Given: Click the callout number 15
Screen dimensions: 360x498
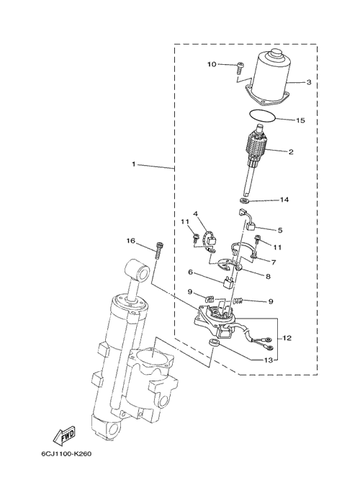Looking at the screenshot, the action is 300,120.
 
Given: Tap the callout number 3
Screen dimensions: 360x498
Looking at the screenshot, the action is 309,82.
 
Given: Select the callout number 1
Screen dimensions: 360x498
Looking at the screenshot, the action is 134,164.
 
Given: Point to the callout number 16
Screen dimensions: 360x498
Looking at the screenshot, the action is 130,241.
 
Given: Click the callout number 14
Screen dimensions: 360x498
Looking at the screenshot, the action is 284,200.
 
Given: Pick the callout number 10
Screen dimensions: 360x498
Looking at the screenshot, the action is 212,64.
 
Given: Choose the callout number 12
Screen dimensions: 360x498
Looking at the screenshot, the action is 287,338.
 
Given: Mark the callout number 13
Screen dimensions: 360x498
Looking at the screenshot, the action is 269,360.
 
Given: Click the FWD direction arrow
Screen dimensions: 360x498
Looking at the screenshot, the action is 64,434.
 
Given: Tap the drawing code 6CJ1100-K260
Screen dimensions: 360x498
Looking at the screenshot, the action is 66,454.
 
